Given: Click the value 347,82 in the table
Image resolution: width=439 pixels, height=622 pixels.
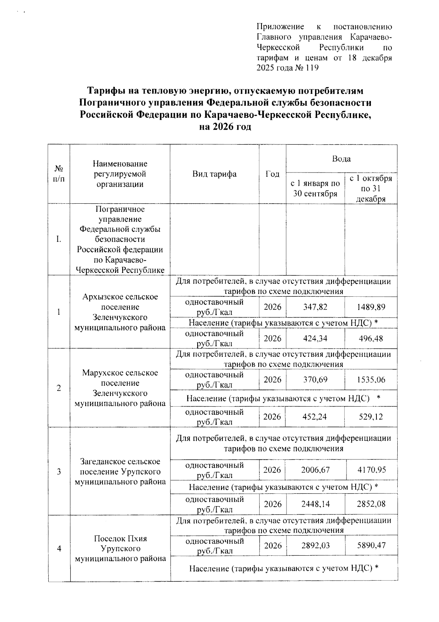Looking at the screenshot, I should coord(315,307).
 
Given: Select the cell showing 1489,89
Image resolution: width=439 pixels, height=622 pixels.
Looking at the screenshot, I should coord(371,307).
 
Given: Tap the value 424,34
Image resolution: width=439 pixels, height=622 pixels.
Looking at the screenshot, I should coord(315,338).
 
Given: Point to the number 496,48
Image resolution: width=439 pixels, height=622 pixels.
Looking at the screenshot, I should coord(371,338).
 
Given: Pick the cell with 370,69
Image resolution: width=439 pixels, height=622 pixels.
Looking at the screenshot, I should coord(315,380).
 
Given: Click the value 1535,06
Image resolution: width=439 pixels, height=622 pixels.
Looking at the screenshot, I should coord(371,380).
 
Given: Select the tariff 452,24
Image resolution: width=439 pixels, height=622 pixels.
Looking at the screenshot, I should coord(315,417).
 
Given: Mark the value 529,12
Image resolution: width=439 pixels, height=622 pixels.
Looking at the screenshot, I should coord(371,417).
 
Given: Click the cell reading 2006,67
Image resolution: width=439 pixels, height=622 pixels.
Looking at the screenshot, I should coord(315,470).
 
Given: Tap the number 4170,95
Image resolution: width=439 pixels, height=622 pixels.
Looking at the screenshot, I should coord(371,470).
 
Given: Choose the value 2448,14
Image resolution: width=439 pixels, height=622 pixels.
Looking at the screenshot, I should coord(315,504).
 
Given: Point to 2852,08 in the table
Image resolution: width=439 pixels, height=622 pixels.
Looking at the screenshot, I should coord(371,504).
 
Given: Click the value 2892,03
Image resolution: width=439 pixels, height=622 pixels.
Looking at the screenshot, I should coord(315,545).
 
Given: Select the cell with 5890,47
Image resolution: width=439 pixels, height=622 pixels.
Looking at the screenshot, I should coord(371,545).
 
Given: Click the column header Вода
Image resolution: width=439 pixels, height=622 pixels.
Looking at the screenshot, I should coord(341,159).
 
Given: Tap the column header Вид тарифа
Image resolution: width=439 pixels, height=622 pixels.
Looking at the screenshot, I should coord(214,174).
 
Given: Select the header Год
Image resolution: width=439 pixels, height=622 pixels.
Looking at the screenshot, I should coord(272,174).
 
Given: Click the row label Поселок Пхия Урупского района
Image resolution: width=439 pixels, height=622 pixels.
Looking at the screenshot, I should coord(120,548).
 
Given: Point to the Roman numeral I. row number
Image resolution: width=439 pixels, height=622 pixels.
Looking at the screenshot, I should coord(59,240).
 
